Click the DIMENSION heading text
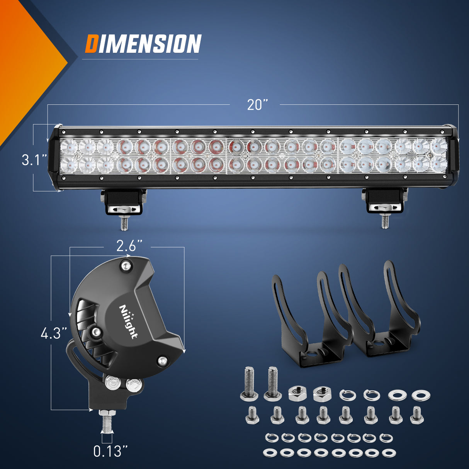143,44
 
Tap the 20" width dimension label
258,105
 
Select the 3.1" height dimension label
34,160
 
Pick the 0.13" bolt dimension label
110,451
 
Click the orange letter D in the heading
91,44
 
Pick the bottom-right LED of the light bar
438,164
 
